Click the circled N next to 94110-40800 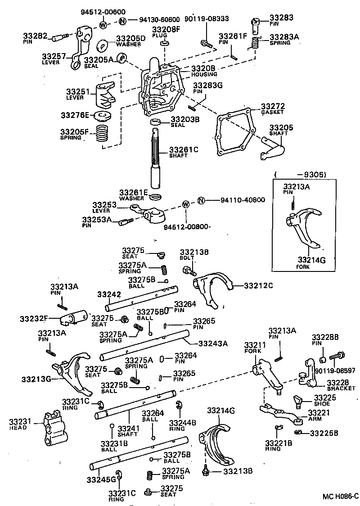pyautogui.click(x=201, y=200)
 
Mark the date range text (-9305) pyautogui.click(x=300, y=175)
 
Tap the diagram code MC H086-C pyautogui.click(x=340, y=497)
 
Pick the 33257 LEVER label pyautogui.click(x=54, y=59)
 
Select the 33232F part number pyautogui.click(x=34, y=319)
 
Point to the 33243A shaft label pyautogui.click(x=213, y=343)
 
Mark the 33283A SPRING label pyautogui.click(x=283, y=40)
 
